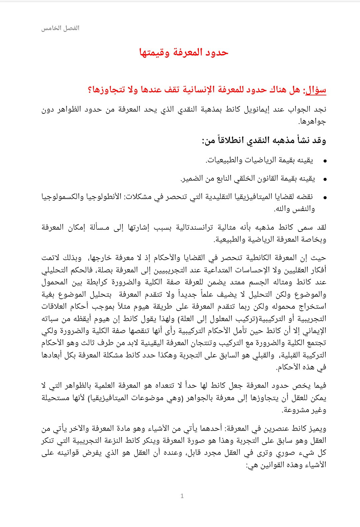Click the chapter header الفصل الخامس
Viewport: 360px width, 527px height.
pos(60,28)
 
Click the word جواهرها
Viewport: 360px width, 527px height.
pos(312,121)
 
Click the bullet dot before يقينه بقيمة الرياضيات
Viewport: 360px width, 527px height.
pos(325,161)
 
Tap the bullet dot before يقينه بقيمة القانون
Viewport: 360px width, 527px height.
pos(325,179)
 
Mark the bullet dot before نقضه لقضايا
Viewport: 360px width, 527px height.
pos(325,198)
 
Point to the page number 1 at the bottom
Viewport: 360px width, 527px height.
pos(182,496)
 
